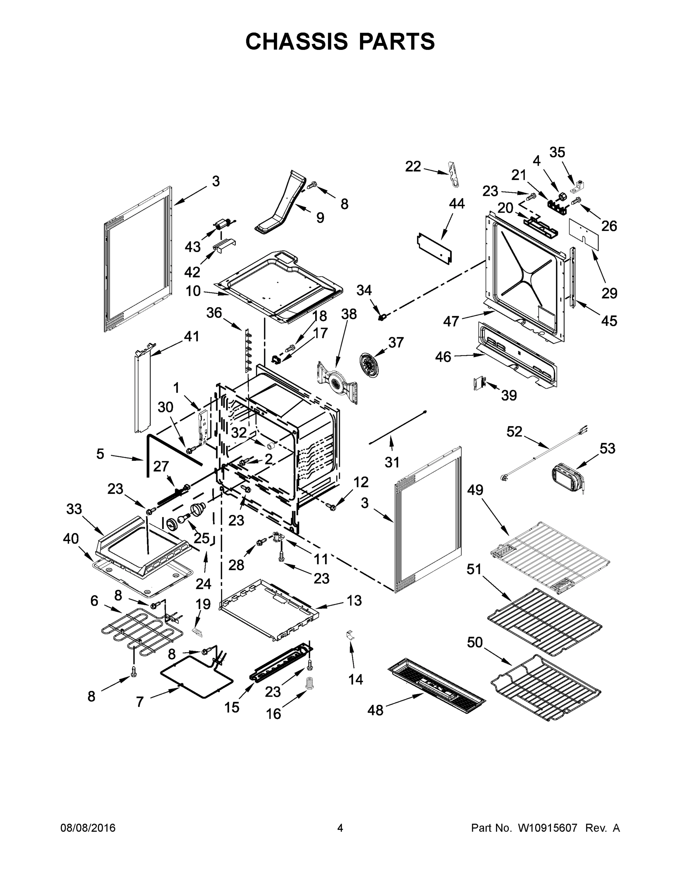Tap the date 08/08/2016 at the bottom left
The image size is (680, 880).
[x=88, y=828]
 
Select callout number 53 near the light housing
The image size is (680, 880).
[x=607, y=448]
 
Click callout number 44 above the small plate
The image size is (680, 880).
[x=457, y=203]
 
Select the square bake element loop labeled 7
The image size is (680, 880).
[x=196, y=677]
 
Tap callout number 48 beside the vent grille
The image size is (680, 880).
[x=375, y=710]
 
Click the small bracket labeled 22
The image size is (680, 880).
[x=453, y=174]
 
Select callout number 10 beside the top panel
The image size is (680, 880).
[x=193, y=290]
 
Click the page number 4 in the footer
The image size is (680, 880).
[x=340, y=828]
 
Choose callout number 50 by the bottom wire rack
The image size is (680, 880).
[x=475, y=642]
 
